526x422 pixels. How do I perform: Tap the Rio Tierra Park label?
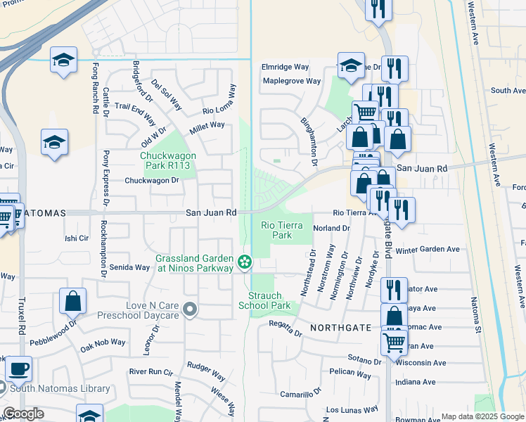276,230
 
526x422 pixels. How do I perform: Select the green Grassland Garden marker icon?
245,262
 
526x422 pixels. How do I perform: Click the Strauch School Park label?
264,301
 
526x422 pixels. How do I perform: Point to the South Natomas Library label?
60,388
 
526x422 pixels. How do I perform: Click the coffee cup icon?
18,368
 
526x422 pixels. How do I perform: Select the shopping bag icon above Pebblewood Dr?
73,301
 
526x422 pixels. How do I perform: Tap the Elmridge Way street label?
286,67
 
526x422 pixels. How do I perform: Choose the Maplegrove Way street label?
291,81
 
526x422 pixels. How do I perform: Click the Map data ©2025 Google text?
482,416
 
